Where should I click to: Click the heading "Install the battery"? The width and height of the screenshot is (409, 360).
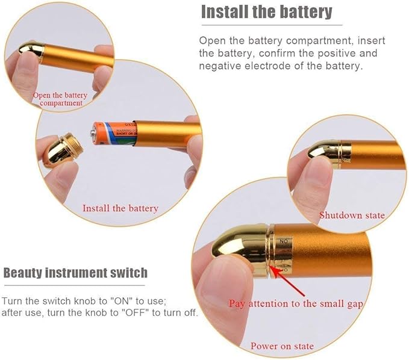point(266,11)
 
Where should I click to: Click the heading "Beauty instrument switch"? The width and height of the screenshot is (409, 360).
point(75,273)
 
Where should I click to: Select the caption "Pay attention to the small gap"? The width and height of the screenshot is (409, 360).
point(296,303)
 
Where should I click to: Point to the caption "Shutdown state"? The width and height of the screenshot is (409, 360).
point(352,215)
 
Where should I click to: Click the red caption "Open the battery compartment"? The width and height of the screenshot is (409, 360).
point(60,99)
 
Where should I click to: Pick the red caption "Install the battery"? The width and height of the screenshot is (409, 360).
point(120,208)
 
